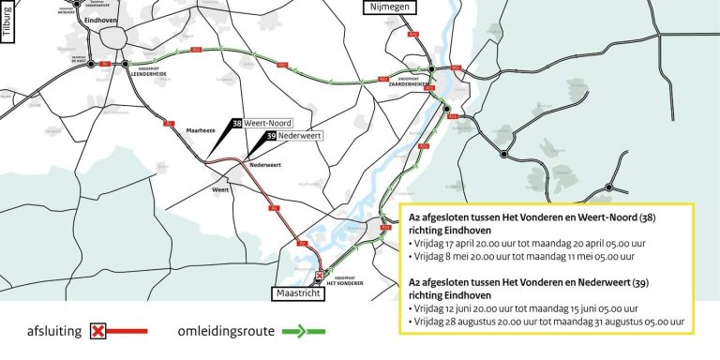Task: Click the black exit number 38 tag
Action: click(x=237, y=123)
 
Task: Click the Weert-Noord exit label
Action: click(x=268, y=123)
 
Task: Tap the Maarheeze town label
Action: click(x=202, y=132)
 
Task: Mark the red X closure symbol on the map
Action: click(x=319, y=276)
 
